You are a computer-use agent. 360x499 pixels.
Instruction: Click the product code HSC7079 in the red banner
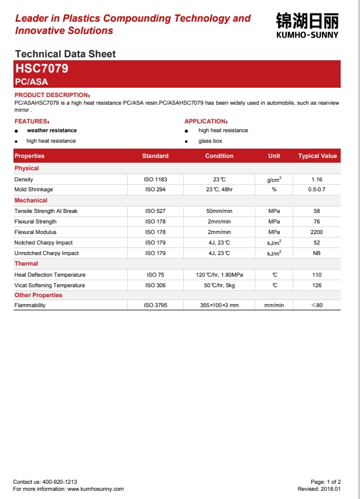(42, 68)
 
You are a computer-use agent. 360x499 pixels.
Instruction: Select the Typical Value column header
(317, 156)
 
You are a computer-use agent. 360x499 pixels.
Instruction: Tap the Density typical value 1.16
(317, 180)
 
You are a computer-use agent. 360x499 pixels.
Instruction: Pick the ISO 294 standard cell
(155, 190)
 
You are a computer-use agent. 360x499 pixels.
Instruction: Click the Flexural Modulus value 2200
(317, 232)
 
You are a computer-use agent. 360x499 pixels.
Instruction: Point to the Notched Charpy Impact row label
(43, 243)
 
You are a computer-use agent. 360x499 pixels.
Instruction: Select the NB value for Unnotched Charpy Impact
(317, 253)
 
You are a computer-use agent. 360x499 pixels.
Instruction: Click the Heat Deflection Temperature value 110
(317, 275)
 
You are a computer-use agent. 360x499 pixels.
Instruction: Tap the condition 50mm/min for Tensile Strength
(220, 211)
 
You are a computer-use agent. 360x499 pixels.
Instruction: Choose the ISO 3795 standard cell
(155, 305)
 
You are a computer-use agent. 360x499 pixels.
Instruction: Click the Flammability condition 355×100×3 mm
(220, 305)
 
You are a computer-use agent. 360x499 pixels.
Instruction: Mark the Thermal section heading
(26, 264)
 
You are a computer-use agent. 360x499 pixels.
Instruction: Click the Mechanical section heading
(31, 201)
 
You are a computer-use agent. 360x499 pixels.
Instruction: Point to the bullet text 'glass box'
(210, 141)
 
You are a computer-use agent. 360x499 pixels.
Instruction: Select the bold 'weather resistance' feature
(52, 130)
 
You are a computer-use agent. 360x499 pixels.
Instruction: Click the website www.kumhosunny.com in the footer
(95, 489)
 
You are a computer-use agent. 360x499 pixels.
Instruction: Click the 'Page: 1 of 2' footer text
(325, 482)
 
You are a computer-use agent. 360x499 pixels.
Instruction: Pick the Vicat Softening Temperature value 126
(317, 285)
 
